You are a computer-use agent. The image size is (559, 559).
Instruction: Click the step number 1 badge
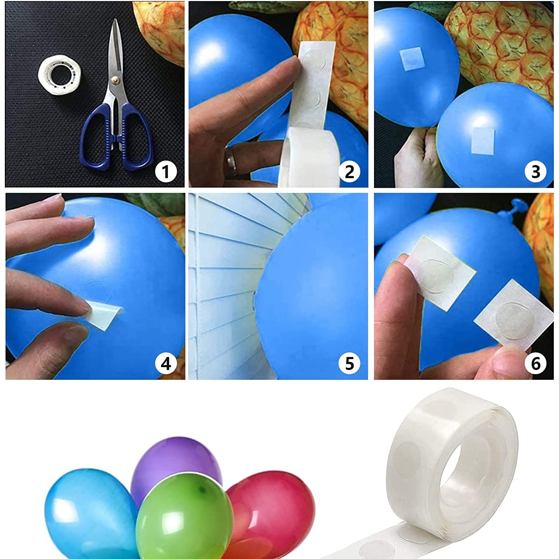point(165,172)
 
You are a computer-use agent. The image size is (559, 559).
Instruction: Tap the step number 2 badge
point(350,172)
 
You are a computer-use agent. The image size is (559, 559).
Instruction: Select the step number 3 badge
point(536,172)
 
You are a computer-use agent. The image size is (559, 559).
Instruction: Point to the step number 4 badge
point(165,363)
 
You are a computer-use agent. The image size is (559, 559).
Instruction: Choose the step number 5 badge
point(350,363)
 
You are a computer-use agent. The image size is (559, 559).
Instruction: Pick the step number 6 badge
point(536,363)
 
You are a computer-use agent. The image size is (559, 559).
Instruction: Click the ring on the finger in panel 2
point(231,161)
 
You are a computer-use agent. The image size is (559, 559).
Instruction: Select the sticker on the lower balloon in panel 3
point(483,140)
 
